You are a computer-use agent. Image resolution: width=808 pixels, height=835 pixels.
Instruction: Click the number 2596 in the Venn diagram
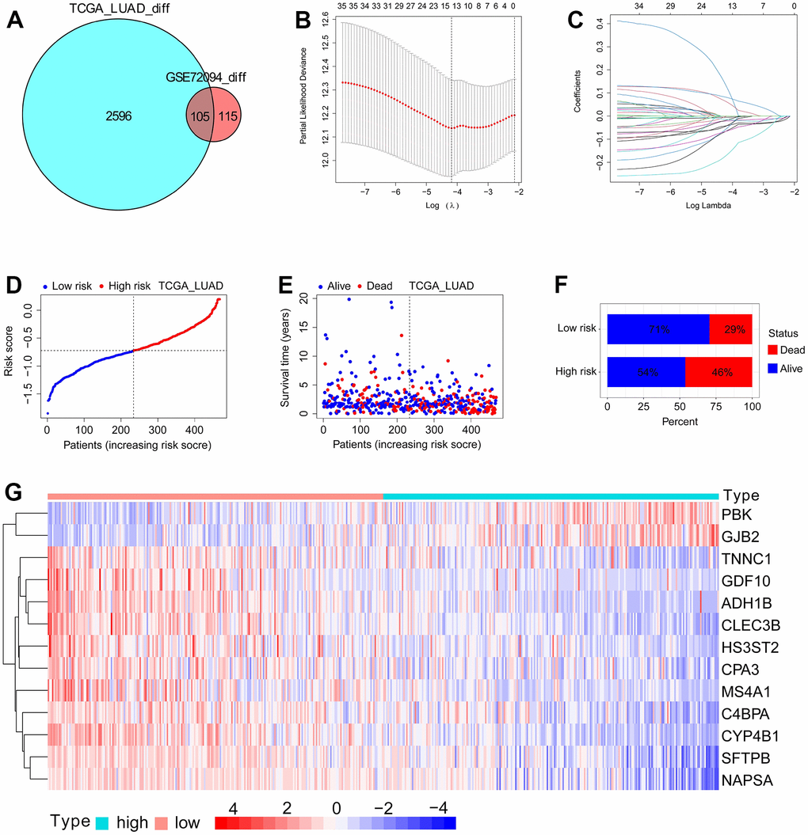point(118,116)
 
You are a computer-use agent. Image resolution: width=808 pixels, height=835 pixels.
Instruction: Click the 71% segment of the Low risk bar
point(657,328)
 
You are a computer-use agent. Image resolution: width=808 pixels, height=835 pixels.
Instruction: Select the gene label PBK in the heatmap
point(737,514)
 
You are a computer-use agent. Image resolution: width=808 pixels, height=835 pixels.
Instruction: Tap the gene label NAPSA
point(745,781)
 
